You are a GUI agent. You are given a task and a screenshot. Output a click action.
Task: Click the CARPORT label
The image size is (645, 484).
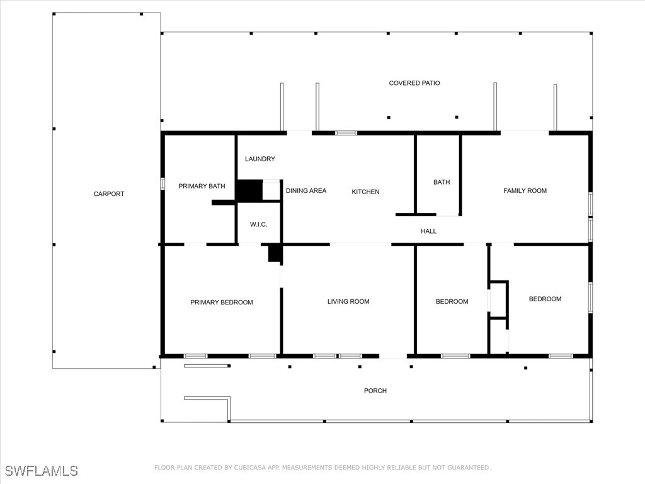[108, 194]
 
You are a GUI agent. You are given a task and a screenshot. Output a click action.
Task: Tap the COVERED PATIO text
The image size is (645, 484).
[414, 83]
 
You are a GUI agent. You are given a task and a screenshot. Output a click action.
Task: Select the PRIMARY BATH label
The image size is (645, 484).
[202, 187]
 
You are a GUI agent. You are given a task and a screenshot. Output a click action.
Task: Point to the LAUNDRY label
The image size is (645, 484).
[260, 159]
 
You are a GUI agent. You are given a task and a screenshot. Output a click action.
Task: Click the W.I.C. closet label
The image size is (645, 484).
[258, 224]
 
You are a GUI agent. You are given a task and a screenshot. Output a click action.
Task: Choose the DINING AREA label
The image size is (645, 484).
[306, 191]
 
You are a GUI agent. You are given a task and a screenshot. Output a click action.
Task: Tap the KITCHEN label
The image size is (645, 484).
[365, 192]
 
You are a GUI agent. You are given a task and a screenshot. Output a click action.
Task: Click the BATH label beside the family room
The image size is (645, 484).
[442, 182]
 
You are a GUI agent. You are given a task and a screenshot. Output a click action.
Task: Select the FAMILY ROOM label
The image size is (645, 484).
[525, 190]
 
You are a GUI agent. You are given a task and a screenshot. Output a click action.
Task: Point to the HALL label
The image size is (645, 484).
[428, 231]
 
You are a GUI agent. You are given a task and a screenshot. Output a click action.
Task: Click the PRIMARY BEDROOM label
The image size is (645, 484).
[221, 302]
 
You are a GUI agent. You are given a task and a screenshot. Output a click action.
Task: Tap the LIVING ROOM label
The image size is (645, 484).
[348, 302]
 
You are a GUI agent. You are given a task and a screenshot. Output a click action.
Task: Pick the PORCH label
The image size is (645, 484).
[375, 391]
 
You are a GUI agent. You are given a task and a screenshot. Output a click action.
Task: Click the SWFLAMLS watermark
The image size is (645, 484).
[41, 471]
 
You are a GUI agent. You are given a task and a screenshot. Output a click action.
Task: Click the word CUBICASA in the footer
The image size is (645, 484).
[250, 468]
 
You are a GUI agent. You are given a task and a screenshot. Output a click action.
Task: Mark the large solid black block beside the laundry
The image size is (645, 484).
[249, 190]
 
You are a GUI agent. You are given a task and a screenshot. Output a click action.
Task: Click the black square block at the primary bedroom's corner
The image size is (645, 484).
[275, 253]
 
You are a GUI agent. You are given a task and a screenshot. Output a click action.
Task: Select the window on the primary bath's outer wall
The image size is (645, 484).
[163, 183]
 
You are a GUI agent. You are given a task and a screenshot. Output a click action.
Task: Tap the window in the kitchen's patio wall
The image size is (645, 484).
[346, 133]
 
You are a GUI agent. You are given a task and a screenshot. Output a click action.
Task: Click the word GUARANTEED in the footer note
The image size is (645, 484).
[469, 468]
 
